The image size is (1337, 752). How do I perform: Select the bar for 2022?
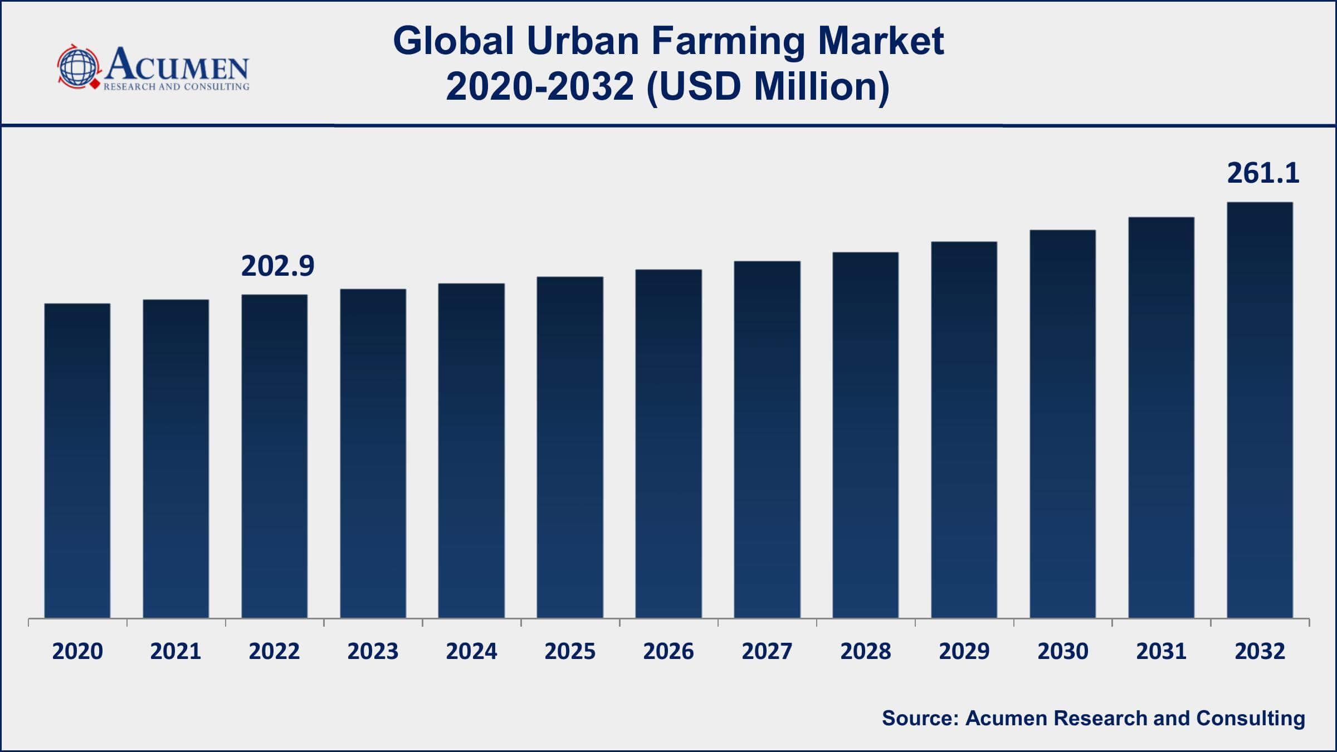pos(274,456)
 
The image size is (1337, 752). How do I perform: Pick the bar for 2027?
pos(767,440)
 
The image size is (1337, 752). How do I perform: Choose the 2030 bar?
pos(1063,424)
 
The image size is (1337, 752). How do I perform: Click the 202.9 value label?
pos(277,266)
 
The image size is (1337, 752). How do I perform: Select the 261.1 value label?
pos(1263,173)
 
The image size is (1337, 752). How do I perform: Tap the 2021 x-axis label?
pos(175,651)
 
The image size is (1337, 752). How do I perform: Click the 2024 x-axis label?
pos(471,651)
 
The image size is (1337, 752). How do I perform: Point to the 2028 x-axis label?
pos(866,651)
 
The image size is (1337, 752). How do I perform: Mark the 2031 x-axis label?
pos(1162,651)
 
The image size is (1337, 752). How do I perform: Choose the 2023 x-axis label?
pos(373,651)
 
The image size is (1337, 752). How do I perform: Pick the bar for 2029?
pos(964,429)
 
